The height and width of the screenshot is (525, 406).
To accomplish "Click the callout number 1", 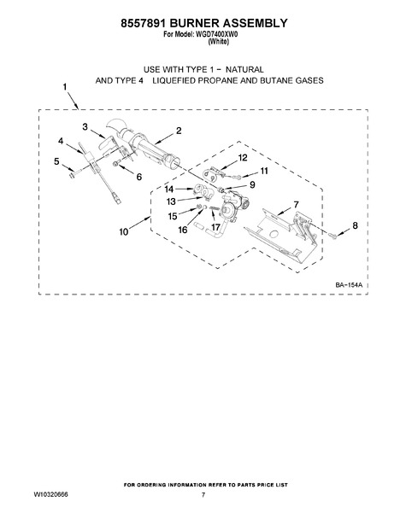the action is (65, 87).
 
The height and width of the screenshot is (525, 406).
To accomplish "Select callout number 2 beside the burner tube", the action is (179, 131).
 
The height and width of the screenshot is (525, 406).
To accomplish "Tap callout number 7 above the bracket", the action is (296, 204).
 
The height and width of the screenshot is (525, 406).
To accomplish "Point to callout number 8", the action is (355, 225).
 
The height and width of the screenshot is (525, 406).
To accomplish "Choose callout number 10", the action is (124, 231).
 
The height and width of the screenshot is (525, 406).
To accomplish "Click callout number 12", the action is (243, 157).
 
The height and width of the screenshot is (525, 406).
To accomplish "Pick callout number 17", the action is (215, 227).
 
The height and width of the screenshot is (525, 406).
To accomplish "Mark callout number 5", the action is (56, 161).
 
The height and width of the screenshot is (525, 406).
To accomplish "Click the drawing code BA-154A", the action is (349, 285).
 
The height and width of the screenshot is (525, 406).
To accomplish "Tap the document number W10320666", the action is (50, 494).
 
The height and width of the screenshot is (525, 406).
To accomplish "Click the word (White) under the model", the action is (218, 42).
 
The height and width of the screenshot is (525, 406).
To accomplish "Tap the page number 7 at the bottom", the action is (203, 494).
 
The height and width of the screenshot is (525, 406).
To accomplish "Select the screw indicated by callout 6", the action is (116, 163).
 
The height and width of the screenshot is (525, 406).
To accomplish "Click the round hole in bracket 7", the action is (274, 233).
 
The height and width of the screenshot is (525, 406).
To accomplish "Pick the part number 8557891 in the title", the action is (143, 23).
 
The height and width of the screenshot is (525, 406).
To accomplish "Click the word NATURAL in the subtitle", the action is (244, 70).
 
